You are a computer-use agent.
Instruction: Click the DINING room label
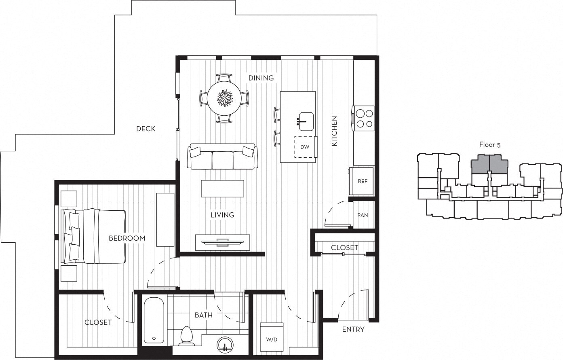261,78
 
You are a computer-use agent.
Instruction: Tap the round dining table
224,98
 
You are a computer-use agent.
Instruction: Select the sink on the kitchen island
306,121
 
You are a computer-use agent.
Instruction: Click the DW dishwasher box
305,147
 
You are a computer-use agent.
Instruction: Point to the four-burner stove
363,119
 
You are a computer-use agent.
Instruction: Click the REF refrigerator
362,181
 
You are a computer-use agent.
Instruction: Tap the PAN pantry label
363,215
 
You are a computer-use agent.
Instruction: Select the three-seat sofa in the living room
222,157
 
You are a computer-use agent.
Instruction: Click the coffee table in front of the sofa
222,188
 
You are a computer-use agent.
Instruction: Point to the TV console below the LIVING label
222,242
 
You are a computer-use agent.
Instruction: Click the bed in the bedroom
94,236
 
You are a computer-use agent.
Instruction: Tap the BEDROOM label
127,238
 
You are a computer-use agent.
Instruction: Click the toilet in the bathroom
186,335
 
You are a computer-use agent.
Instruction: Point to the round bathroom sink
226,344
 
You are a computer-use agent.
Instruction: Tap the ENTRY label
353,329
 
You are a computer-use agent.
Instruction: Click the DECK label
145,129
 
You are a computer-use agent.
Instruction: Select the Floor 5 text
489,144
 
